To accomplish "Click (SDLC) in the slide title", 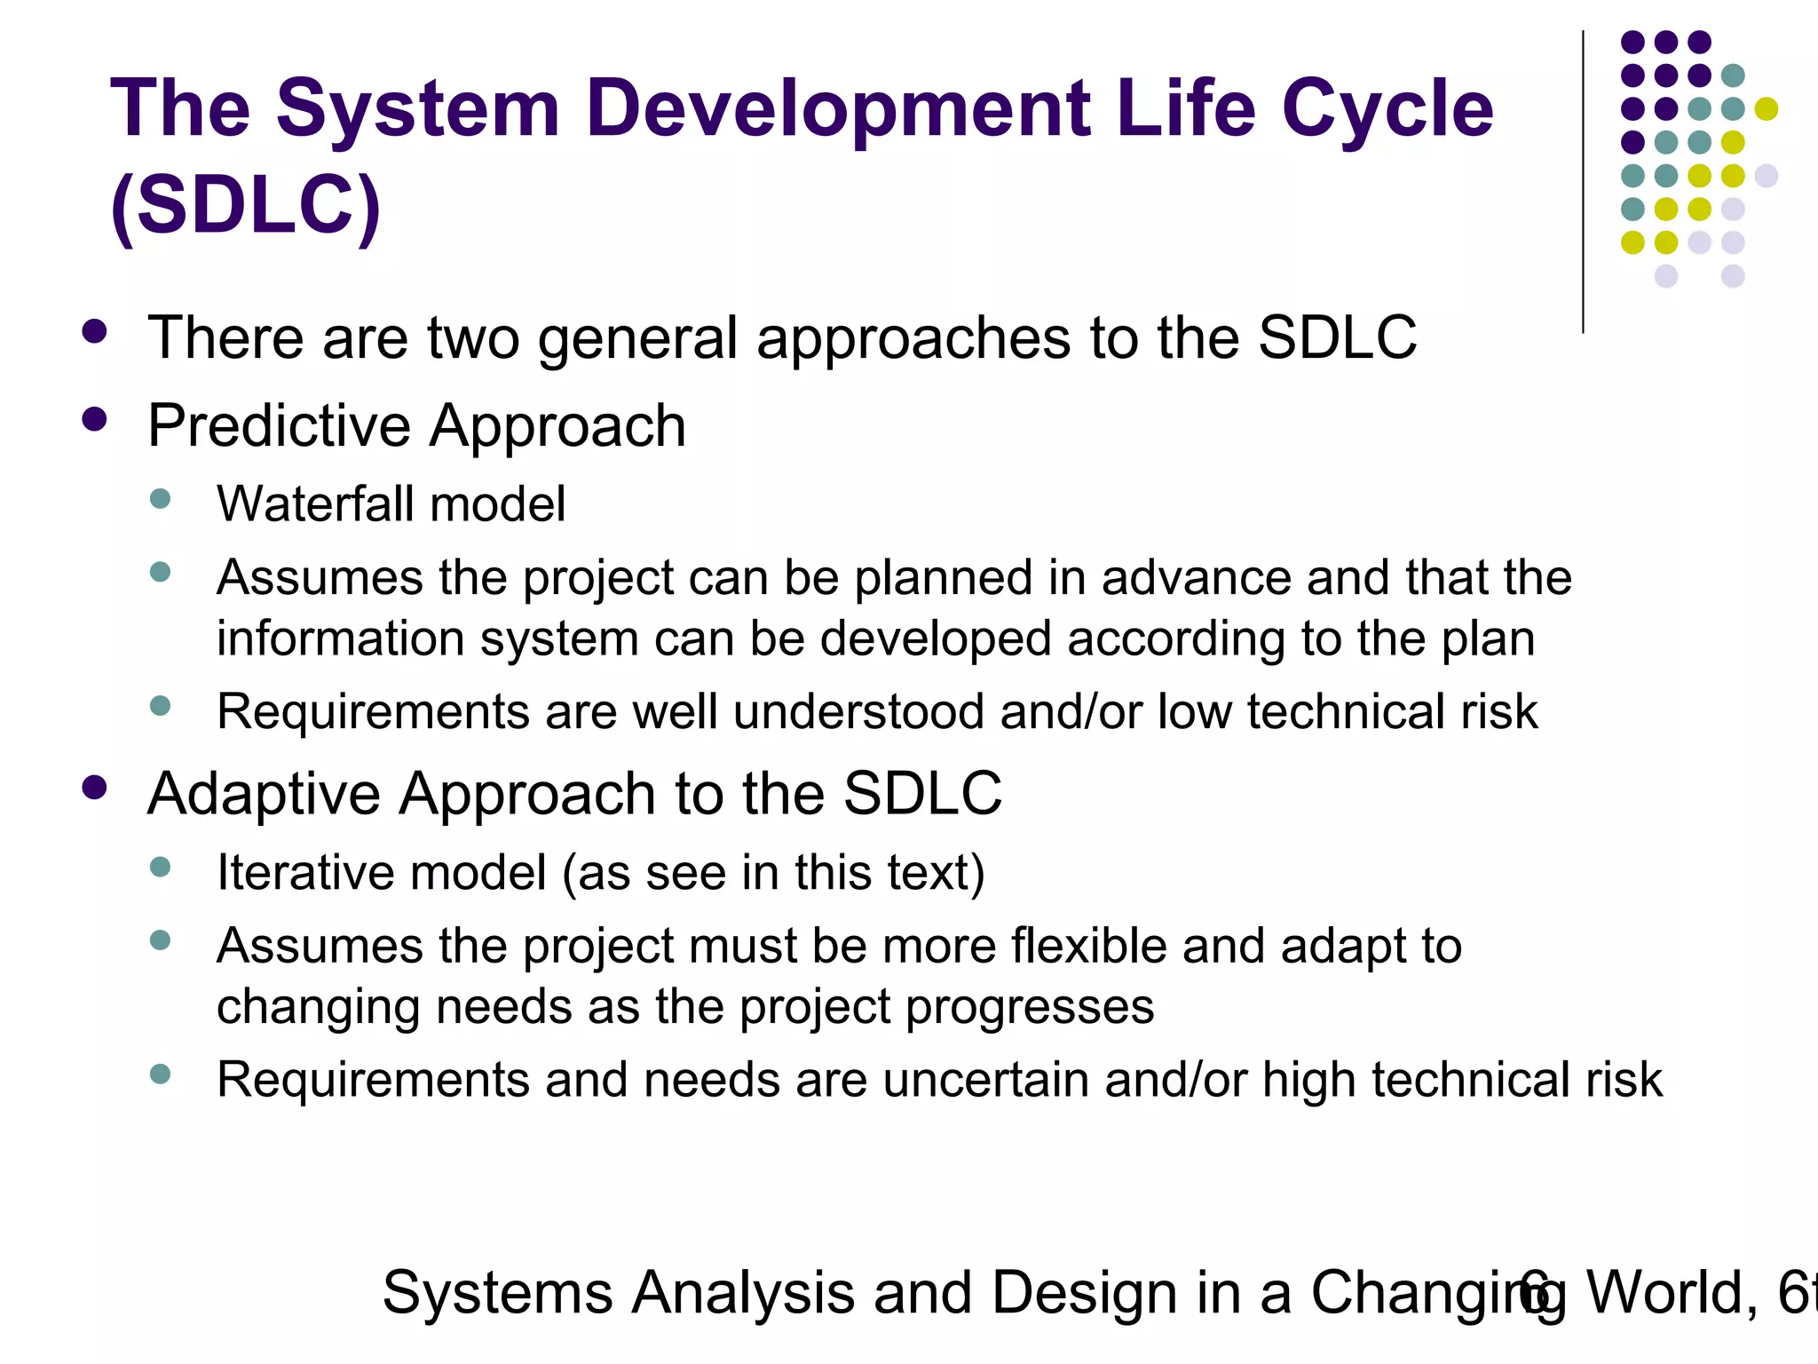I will pos(246,206).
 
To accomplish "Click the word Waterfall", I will pos(314,504).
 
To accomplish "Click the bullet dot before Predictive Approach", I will pos(94,419).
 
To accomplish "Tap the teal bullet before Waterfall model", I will pos(161,498).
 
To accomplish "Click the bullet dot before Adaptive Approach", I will pos(94,787).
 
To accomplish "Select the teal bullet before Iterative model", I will pos(161,867).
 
